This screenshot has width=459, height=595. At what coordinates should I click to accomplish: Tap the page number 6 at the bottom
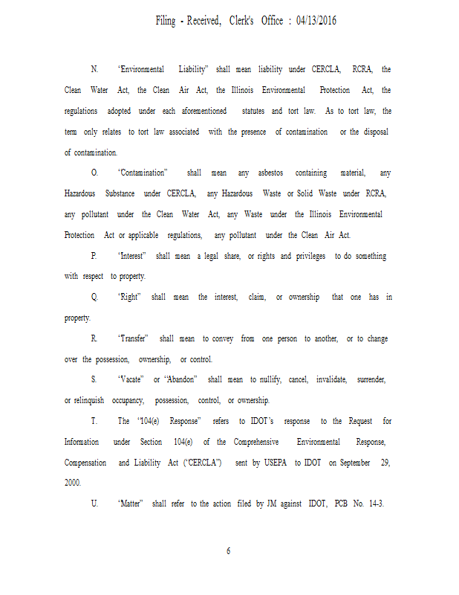click(x=229, y=551)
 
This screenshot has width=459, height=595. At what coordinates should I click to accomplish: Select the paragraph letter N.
click(x=94, y=69)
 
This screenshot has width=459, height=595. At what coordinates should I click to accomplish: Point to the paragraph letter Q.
click(x=94, y=297)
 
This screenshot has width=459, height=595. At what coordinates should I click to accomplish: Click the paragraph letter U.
click(x=94, y=504)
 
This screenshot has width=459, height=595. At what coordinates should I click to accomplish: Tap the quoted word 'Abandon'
click(x=181, y=379)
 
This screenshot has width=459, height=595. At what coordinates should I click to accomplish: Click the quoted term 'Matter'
click(x=131, y=504)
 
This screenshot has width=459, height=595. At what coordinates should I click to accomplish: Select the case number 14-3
click(x=379, y=504)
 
